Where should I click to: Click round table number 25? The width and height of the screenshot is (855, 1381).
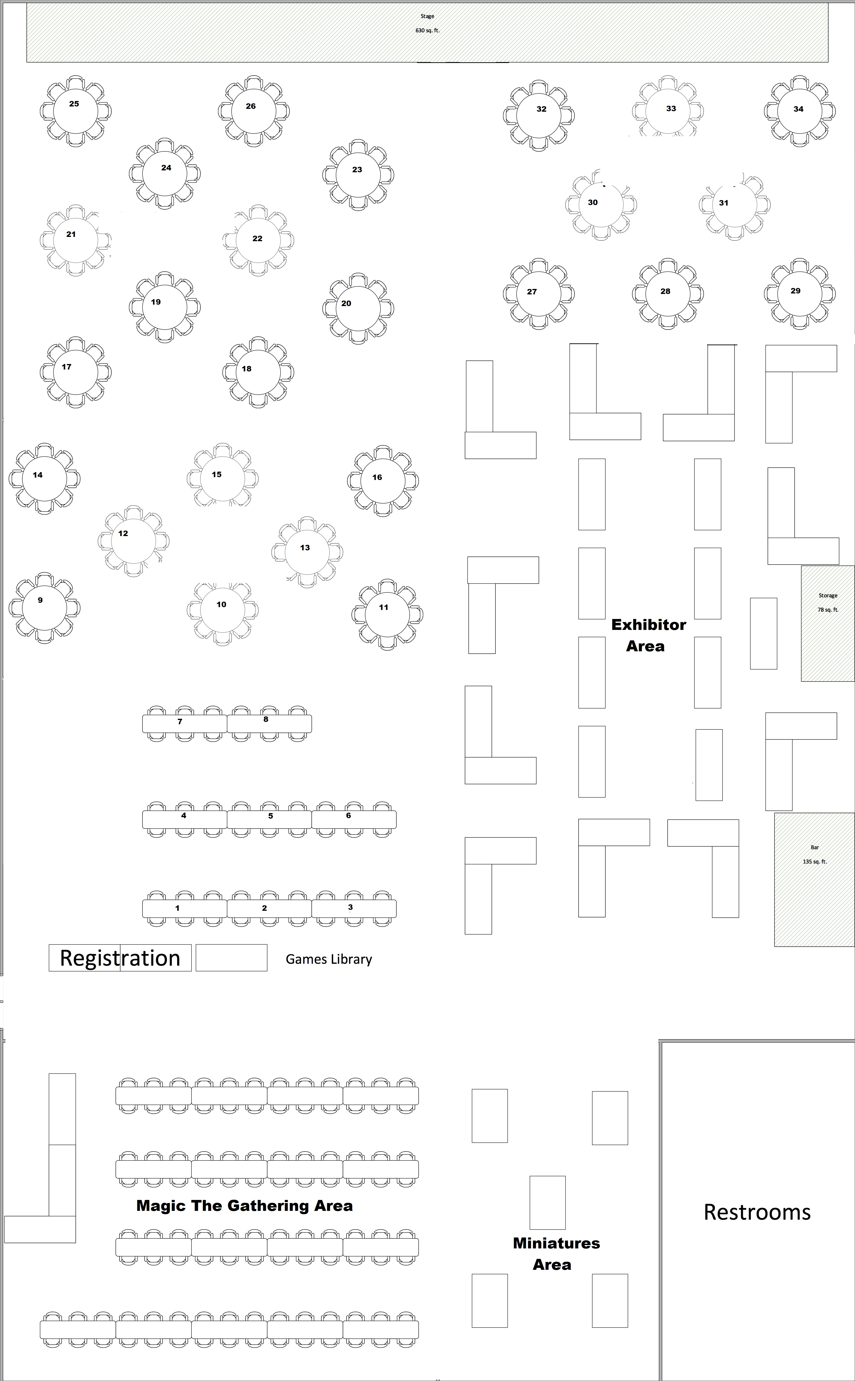pos(75,111)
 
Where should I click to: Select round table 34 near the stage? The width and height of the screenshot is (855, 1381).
pos(799,111)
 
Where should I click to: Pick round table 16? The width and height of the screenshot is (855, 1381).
pos(383,481)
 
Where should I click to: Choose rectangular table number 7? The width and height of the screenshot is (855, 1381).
pos(184,724)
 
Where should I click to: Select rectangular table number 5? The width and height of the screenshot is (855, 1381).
pos(269,819)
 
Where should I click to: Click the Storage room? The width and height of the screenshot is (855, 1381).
pos(827,623)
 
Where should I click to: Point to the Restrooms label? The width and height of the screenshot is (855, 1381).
pos(757,1212)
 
